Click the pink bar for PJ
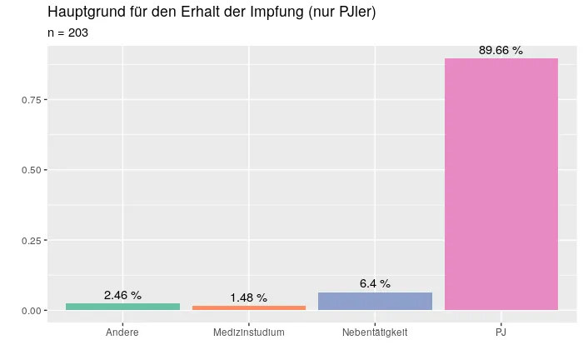pyautogui.click(x=501, y=184)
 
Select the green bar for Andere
pyautogui.click(x=122, y=307)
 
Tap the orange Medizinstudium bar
pyautogui.click(x=249, y=307)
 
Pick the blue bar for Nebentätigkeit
pyautogui.click(x=375, y=301)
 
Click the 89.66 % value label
pyautogui.click(x=501, y=51)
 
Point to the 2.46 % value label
pyautogui.click(x=122, y=295)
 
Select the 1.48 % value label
pyautogui.click(x=249, y=297)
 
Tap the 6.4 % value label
pyautogui.click(x=375, y=283)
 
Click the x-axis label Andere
pyautogui.click(x=122, y=332)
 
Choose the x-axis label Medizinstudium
pyautogui.click(x=249, y=332)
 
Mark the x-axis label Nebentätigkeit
pyautogui.click(x=375, y=332)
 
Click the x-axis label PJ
pyautogui.click(x=501, y=332)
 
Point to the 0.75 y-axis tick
pyautogui.click(x=32, y=100)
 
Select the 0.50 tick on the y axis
pyautogui.click(x=32, y=170)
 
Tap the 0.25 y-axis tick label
pyautogui.click(x=32, y=240)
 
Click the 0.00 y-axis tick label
pyautogui.click(x=32, y=311)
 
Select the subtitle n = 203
pyautogui.click(x=68, y=33)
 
